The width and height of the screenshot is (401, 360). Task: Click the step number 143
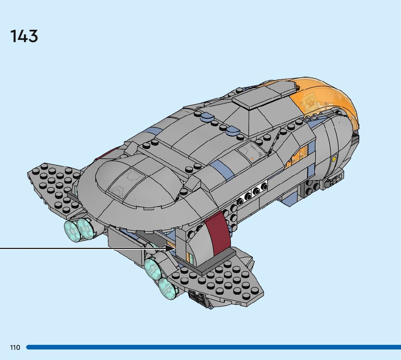[24, 37]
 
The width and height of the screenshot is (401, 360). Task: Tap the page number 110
[15, 347]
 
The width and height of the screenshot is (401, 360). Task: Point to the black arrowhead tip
[174, 248]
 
